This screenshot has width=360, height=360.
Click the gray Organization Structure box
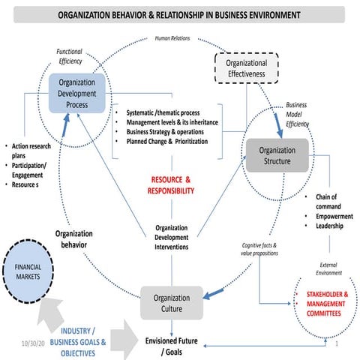(x=277, y=155)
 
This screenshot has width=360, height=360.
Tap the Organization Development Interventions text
(x=171, y=237)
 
